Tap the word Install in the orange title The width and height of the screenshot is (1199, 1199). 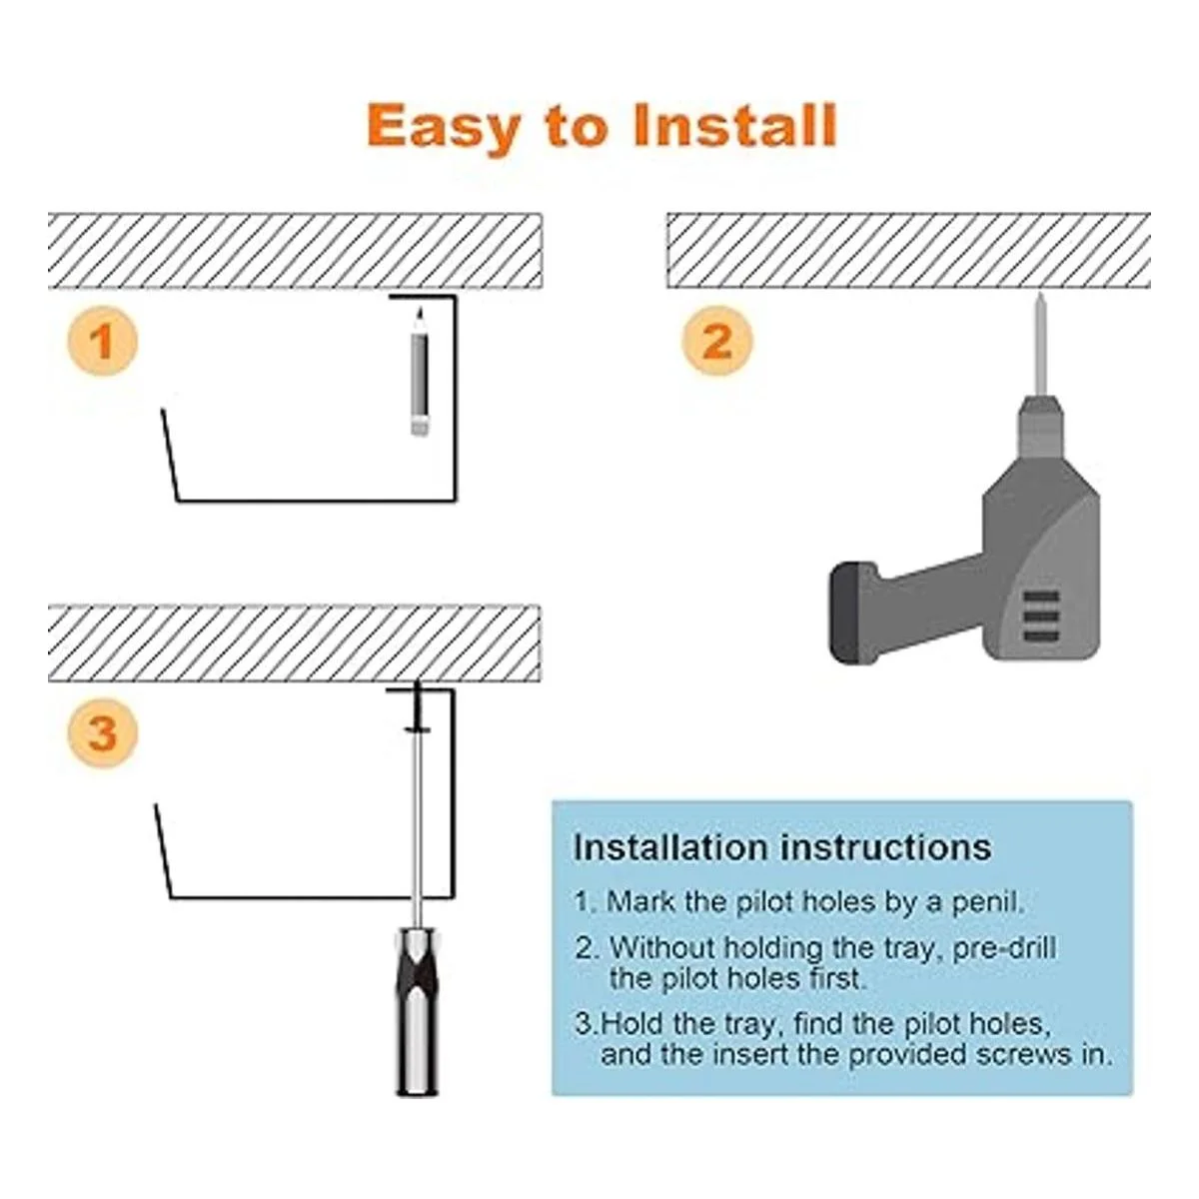click(x=734, y=125)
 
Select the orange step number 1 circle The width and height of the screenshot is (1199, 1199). click(x=102, y=342)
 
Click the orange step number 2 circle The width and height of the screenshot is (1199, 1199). click(x=716, y=341)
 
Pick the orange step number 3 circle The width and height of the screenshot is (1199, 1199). click(x=103, y=733)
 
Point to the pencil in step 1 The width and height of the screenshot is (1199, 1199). click(x=420, y=372)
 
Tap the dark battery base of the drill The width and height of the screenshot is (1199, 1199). click(x=850, y=611)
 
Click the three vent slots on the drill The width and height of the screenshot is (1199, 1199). click(x=1041, y=616)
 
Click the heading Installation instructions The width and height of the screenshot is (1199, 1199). click(x=782, y=847)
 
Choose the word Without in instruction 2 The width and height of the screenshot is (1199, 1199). click(x=662, y=947)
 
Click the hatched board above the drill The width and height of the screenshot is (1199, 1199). click(x=908, y=250)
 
